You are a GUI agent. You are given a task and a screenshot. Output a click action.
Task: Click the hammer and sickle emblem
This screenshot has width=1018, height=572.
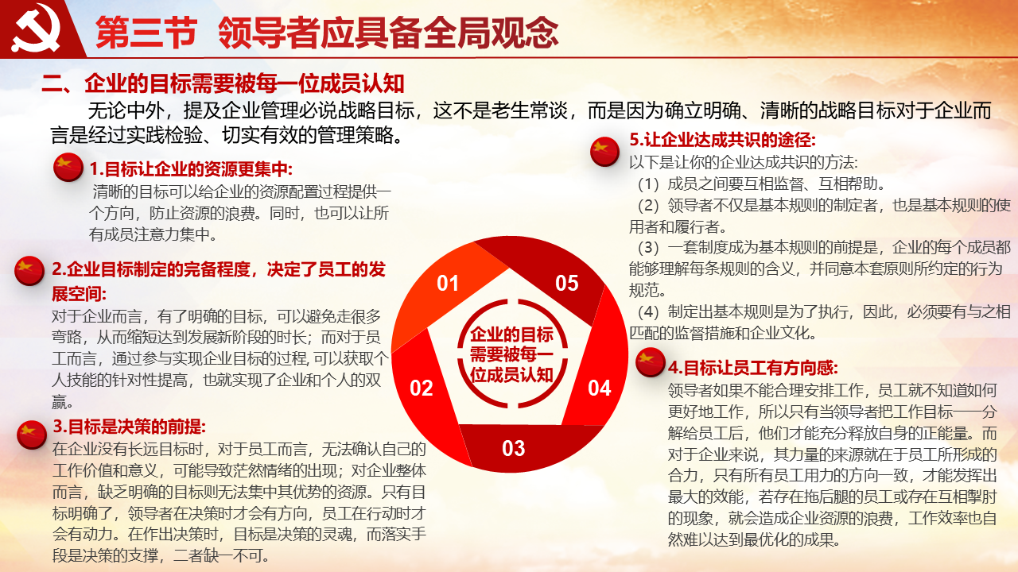(36, 28)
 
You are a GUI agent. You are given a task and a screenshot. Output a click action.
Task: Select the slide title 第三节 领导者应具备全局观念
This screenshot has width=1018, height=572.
(327, 33)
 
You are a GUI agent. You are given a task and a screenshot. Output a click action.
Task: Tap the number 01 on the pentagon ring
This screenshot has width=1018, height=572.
(448, 284)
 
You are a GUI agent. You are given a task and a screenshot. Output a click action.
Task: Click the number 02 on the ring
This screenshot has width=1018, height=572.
(422, 388)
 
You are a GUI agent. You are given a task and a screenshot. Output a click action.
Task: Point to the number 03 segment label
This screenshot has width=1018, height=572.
(514, 449)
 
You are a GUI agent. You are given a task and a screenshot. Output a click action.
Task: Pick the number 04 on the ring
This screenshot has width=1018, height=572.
(600, 388)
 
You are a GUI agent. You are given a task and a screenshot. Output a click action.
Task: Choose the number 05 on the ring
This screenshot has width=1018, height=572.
(567, 284)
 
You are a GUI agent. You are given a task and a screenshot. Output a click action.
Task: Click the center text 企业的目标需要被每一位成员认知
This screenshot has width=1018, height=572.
(511, 354)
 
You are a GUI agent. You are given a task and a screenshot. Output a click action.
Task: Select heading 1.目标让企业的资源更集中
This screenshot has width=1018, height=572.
(191, 169)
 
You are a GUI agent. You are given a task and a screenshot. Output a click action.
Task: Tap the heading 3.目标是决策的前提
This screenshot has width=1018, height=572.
(130, 427)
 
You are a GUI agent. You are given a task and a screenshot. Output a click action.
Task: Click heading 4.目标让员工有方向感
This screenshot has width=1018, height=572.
(752, 367)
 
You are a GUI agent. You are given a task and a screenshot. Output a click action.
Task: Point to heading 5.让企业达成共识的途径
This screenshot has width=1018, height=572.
(723, 139)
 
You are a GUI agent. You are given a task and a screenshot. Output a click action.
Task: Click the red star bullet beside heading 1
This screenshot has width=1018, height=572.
(68, 167)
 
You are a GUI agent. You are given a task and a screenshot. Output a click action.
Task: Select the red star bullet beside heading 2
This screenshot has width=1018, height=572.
(29, 271)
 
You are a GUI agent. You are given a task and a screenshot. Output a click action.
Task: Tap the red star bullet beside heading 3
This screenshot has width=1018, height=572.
(32, 435)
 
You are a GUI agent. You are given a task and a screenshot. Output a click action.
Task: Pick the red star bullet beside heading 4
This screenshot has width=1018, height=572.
(651, 361)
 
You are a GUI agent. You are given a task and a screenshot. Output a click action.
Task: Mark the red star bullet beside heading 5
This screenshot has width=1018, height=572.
(605, 151)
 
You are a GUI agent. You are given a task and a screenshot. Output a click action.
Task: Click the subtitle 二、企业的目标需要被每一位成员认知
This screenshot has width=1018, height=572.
(223, 83)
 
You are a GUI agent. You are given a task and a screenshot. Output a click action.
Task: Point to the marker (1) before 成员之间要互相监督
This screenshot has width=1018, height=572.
(648, 184)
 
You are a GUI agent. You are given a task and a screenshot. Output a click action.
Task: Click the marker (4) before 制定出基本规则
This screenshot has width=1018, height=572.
(648, 312)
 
